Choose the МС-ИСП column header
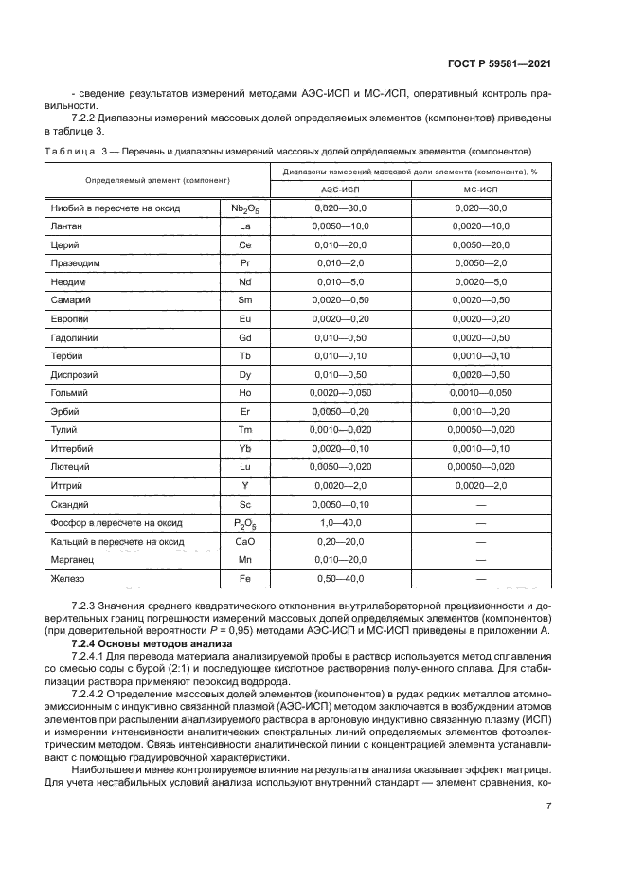tap(481, 189)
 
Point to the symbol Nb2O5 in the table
tap(245, 208)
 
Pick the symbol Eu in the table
tap(245, 318)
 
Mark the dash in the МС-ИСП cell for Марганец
tap(481, 559)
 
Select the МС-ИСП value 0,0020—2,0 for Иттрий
tap(481, 485)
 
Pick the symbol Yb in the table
tap(245, 448)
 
